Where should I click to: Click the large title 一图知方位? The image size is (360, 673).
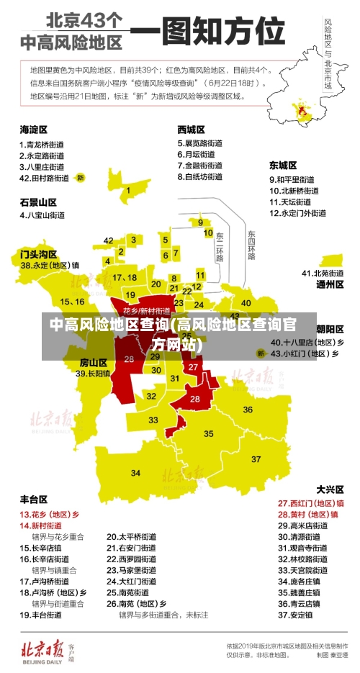click(x=209, y=32)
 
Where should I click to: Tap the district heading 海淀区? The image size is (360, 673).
click(x=33, y=130)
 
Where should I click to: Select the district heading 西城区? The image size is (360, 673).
click(x=192, y=130)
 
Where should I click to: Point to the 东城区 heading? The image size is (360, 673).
click(x=283, y=165)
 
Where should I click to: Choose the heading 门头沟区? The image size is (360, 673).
click(x=38, y=254)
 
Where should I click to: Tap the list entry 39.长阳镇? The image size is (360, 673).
click(x=94, y=374)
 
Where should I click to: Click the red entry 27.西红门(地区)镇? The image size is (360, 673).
click(x=311, y=503)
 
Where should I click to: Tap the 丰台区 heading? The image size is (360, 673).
click(x=33, y=498)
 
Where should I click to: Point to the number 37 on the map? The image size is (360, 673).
click(x=256, y=459)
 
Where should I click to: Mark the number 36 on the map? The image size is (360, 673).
click(x=248, y=410)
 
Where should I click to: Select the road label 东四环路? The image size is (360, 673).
click(x=251, y=245)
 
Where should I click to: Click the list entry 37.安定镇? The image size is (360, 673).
click(x=295, y=615)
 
